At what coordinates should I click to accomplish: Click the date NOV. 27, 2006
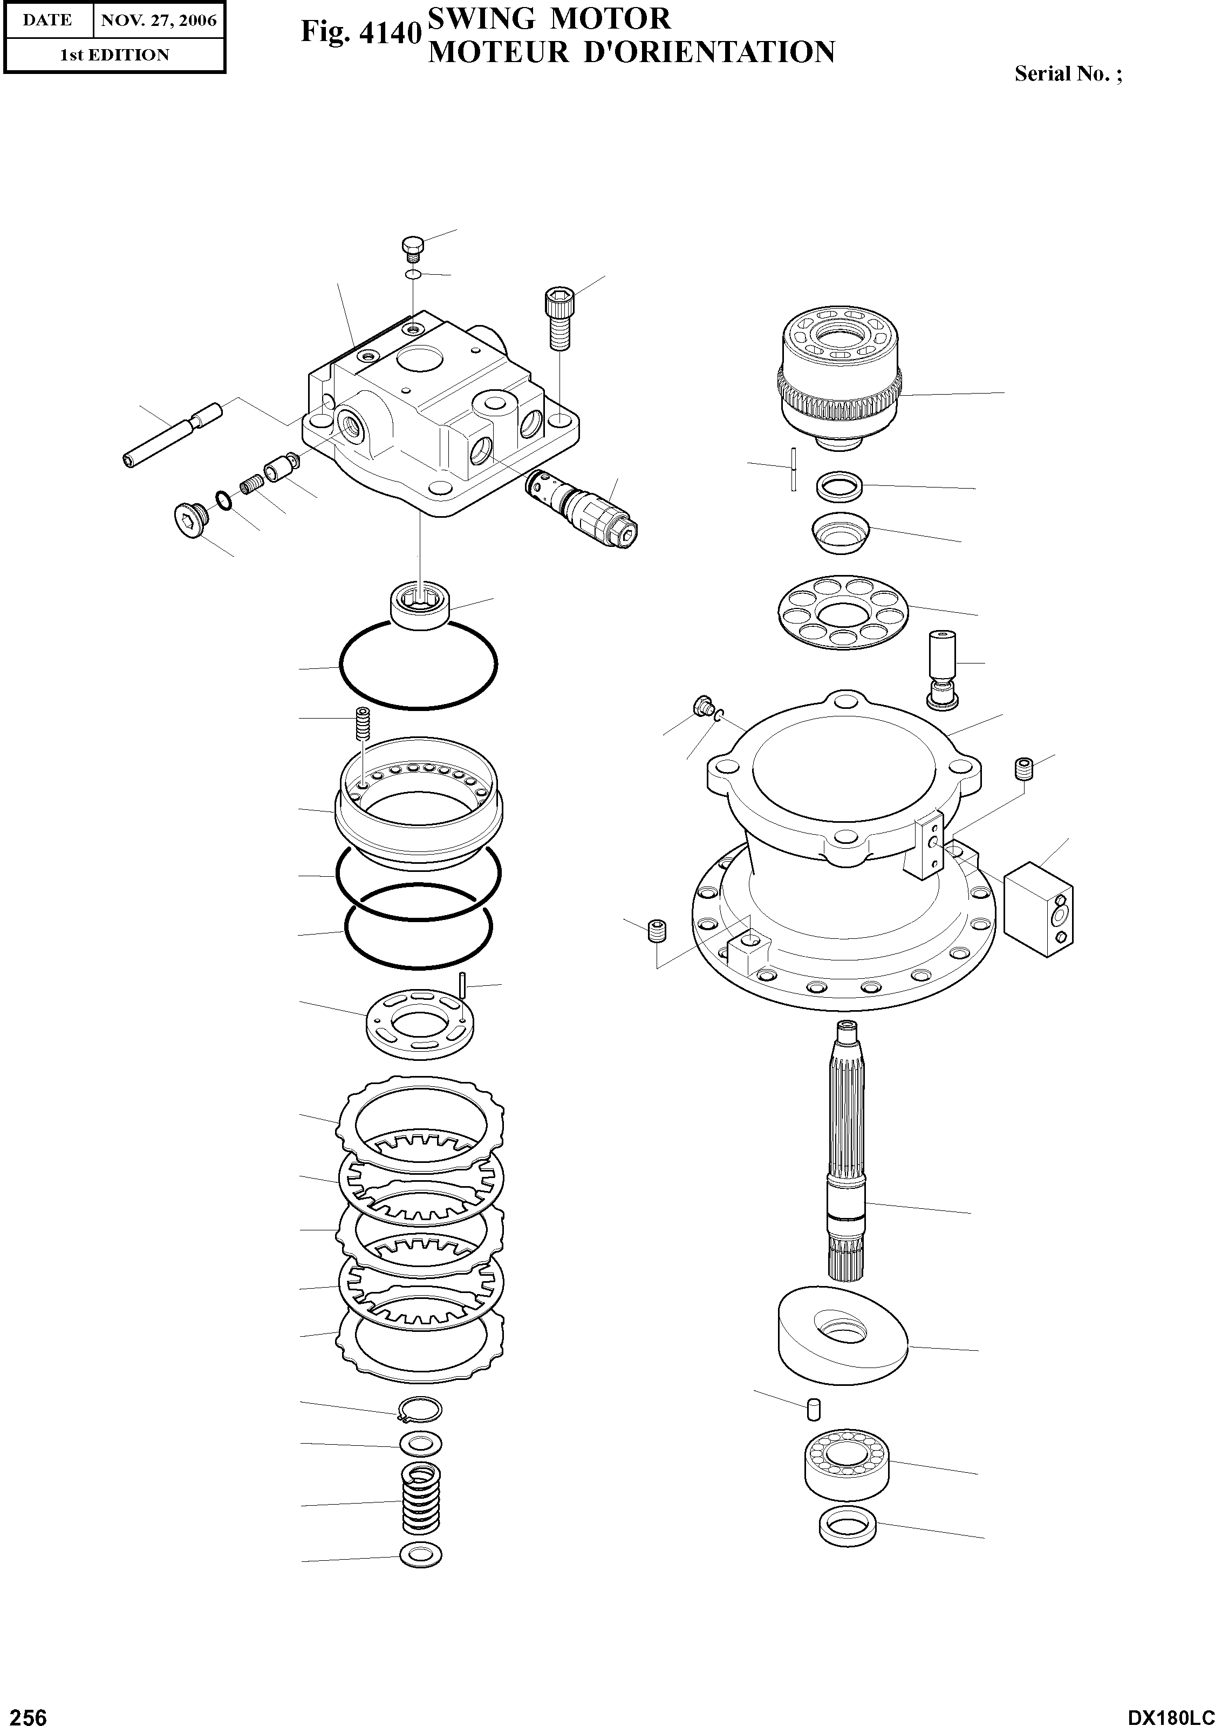coord(159,21)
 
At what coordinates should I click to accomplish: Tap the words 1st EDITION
coord(115,55)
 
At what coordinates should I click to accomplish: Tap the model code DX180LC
coord(1170,1712)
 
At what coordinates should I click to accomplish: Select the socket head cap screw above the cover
coord(559,318)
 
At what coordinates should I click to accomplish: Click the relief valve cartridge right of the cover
coord(583,508)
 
